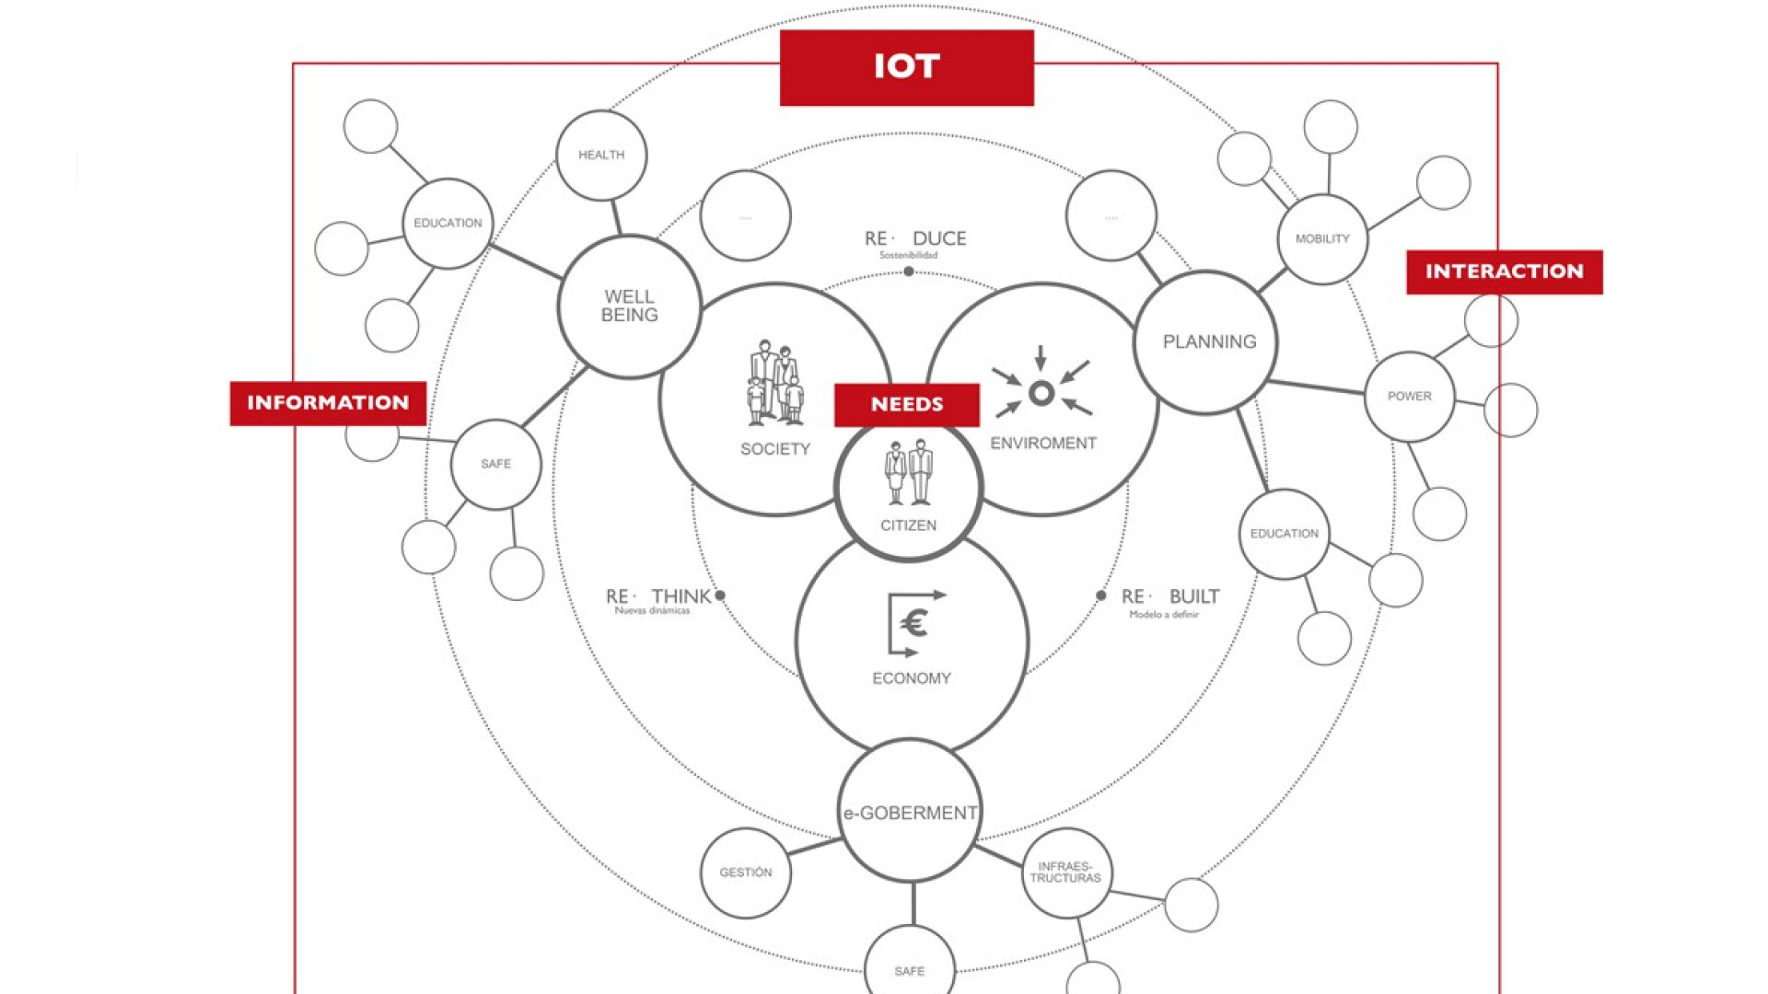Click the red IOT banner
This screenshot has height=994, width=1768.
click(x=906, y=67)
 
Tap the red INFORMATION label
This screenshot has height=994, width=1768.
click(x=328, y=403)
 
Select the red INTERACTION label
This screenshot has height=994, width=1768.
click(x=1504, y=272)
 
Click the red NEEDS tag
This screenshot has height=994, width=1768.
click(x=906, y=405)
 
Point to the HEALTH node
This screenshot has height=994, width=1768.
click(x=601, y=155)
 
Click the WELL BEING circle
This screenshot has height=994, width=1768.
click(x=630, y=306)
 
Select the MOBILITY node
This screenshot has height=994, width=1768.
click(x=1322, y=238)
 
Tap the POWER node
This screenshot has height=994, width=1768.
click(x=1409, y=396)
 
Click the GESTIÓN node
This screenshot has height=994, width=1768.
click(x=746, y=872)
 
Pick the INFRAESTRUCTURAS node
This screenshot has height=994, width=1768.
click(x=1065, y=872)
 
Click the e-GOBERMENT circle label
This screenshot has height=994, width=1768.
click(x=910, y=813)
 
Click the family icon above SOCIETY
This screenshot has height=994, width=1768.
click(x=774, y=384)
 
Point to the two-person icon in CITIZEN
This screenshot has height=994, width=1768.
click(x=908, y=473)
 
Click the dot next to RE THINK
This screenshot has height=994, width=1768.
click(x=720, y=595)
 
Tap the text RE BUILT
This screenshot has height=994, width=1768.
click(x=1170, y=596)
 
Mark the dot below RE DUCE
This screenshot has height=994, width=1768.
click(x=909, y=272)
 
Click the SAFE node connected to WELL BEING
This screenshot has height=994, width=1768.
click(x=495, y=464)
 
